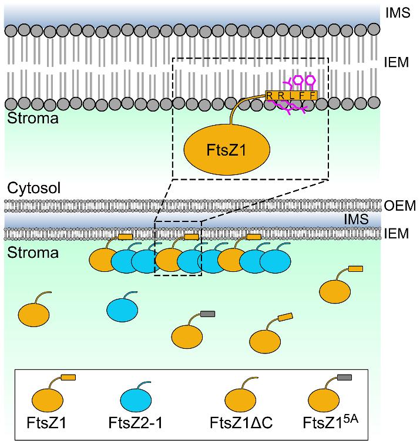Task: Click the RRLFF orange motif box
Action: [291, 95]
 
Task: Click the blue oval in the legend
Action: [137, 399]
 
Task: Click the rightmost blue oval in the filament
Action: [275, 261]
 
